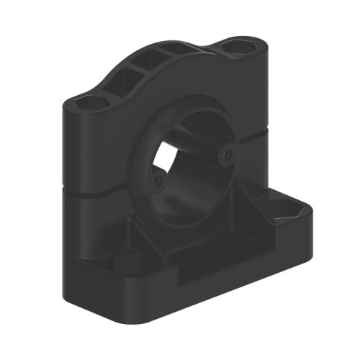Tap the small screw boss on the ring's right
click(x=228, y=153)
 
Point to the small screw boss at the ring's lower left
click(x=158, y=180)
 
